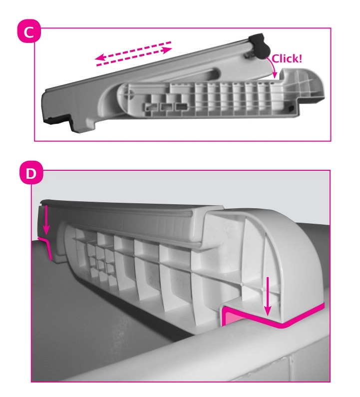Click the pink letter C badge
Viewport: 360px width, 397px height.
29,31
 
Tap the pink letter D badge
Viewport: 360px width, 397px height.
31,174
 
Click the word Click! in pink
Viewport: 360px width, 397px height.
287,59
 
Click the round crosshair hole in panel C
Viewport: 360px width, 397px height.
131,94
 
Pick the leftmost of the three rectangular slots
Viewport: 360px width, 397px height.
150,107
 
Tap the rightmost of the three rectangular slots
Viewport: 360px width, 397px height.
180,107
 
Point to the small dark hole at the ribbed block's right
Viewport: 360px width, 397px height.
292,108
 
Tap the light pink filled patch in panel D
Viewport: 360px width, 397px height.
230,318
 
